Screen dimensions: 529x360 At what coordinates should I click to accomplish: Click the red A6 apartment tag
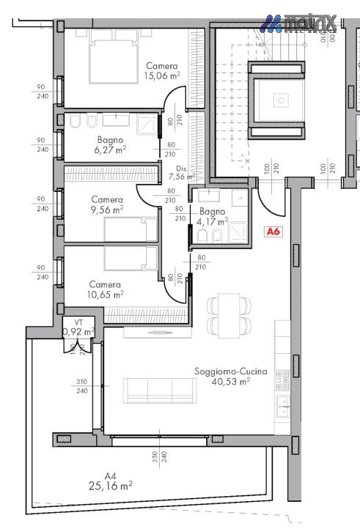[x=273, y=232]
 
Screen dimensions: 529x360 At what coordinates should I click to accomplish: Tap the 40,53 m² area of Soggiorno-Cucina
[x=230, y=382]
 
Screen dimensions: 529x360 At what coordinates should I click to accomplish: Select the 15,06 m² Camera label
[x=162, y=75]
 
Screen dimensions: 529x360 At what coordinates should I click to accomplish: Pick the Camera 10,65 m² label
[x=106, y=289]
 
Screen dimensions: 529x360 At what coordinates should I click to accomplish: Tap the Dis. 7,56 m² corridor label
[x=180, y=172]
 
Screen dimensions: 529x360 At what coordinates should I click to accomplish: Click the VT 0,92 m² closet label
[x=78, y=328]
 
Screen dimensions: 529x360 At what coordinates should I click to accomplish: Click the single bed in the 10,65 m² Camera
[x=131, y=258]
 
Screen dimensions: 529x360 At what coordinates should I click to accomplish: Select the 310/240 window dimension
[x=81, y=386]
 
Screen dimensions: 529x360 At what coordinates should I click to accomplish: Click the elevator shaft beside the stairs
[x=279, y=100]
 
